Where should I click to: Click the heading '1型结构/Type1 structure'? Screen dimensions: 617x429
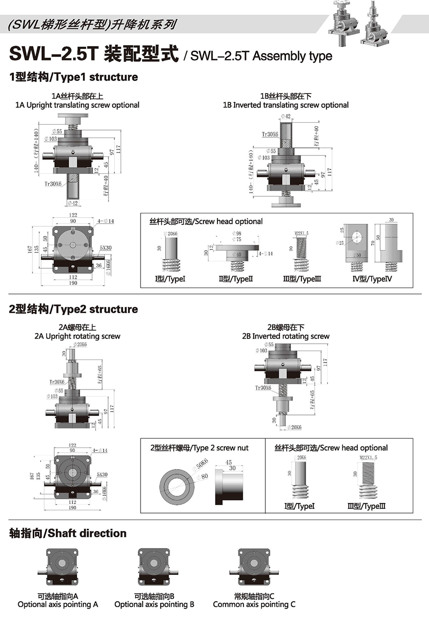pos(73,77)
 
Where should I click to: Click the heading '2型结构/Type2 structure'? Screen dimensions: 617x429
pos(73,309)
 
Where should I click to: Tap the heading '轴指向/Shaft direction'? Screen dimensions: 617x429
pos(68,533)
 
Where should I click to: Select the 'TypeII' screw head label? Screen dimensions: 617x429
pos(236,279)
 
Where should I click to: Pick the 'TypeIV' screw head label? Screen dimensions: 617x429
pos(372,279)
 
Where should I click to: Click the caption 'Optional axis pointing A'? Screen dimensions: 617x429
pos(58,605)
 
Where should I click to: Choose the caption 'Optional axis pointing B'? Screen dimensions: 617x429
pos(154,605)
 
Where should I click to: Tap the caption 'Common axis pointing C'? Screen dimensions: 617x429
pos(254,605)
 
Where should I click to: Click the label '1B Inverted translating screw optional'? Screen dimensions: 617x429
pos(285,105)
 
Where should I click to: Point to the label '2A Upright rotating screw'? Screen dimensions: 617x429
pos(77,336)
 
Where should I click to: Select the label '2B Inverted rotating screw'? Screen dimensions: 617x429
pos(285,336)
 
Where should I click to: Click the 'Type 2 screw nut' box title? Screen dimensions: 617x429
pos(199,448)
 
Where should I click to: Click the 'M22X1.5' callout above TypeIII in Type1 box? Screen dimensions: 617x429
pos(301,233)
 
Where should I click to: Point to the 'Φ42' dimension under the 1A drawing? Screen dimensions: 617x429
pos(73,203)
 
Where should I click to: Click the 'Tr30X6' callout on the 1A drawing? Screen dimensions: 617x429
pos(53,184)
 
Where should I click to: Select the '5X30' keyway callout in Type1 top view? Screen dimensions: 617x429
pos(105,248)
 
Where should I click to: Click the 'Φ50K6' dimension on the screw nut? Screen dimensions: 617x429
pos(202,464)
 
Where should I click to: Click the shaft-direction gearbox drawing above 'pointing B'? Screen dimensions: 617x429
pos(154,567)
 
